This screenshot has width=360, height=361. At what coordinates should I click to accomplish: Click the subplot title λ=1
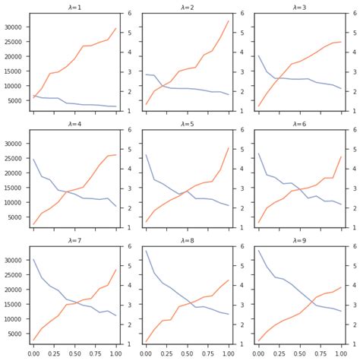tap(74, 7)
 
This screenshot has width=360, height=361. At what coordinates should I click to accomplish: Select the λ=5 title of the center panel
tap(187, 123)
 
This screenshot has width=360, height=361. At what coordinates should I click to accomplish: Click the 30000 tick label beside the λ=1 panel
tap(14, 27)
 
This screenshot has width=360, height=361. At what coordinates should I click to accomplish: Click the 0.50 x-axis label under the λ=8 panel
tap(187, 353)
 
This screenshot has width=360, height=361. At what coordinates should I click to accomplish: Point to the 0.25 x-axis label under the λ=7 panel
tap(54, 353)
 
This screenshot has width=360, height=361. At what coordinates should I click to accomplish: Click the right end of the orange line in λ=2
tap(229, 21)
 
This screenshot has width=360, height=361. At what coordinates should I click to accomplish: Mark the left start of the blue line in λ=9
tap(259, 251)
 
